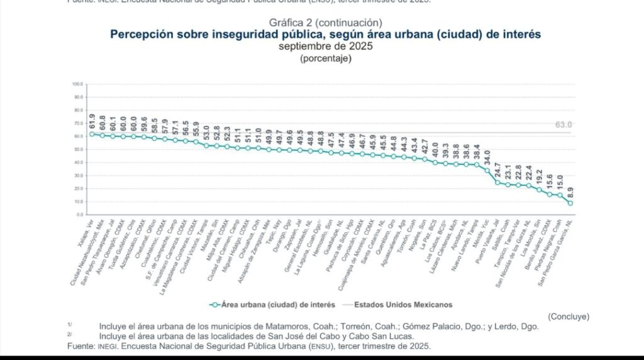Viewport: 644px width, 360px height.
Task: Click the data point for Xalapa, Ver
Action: pos(92,134)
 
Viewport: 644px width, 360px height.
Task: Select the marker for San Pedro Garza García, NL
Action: pos(570,203)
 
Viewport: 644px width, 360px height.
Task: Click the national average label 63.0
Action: pos(563,125)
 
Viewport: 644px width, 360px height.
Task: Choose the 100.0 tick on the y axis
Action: pos(78,84)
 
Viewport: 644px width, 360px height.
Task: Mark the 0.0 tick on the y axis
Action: pos(79,215)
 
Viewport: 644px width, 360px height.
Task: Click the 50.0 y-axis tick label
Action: pos(78,149)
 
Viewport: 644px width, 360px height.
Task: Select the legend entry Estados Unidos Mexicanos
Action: pos(402,305)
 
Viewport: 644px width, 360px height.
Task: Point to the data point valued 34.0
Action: pos(487,171)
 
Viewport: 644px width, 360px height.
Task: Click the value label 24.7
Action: pos(497,171)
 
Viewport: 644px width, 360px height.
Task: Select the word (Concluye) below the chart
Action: pos(569,316)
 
